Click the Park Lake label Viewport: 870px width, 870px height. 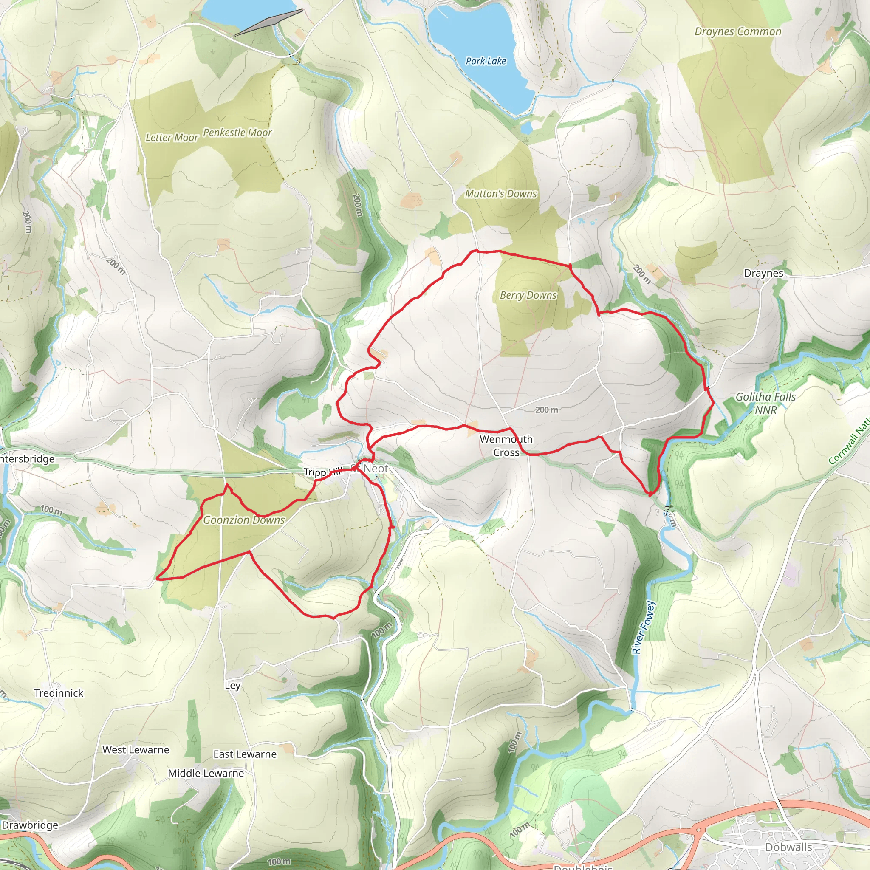[x=486, y=61]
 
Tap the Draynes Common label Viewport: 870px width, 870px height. [x=737, y=31]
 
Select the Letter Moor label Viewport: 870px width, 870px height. [x=172, y=137]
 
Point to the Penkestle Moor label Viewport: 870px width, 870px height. [x=237, y=133]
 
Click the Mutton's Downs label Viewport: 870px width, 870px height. [x=501, y=194]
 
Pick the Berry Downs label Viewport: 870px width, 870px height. [x=528, y=295]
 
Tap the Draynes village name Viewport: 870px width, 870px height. [x=763, y=273]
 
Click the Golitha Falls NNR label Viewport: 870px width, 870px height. [x=765, y=403]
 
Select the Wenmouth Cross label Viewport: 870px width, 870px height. [x=506, y=445]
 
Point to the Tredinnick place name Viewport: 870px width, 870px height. [x=59, y=693]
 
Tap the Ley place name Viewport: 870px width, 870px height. [x=232, y=685]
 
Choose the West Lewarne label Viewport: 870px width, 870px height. [x=136, y=750]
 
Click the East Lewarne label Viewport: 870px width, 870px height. [x=245, y=754]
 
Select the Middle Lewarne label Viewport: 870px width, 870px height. [x=206, y=773]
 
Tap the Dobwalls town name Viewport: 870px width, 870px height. [x=788, y=847]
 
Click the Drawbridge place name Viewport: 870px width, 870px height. [x=30, y=825]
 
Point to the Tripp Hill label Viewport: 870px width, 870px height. [x=323, y=472]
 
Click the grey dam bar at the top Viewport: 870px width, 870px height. [x=268, y=23]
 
